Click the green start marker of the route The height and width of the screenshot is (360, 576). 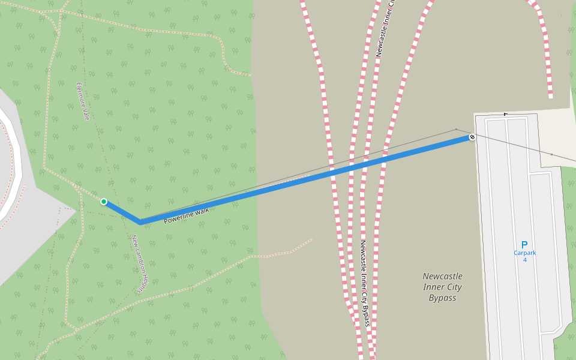pyautogui.click(x=104, y=202)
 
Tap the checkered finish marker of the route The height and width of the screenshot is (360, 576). pyautogui.click(x=472, y=137)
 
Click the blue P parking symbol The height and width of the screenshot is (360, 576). pyautogui.click(x=524, y=245)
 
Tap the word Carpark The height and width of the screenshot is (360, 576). pyautogui.click(x=524, y=253)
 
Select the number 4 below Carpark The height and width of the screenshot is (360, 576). pyautogui.click(x=524, y=260)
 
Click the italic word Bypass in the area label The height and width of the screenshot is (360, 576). pyautogui.click(x=442, y=298)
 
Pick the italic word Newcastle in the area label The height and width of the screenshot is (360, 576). pyautogui.click(x=442, y=277)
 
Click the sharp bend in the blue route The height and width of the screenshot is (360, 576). pyautogui.click(x=140, y=222)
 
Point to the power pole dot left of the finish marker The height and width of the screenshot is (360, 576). pyautogui.click(x=456, y=129)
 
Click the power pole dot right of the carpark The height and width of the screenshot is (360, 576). pyautogui.click(x=551, y=154)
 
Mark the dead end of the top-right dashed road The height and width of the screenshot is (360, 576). pyautogui.click(x=550, y=96)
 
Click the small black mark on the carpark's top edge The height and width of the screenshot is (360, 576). pyautogui.click(x=505, y=114)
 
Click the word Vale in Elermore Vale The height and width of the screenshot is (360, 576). pyautogui.click(x=85, y=112)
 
